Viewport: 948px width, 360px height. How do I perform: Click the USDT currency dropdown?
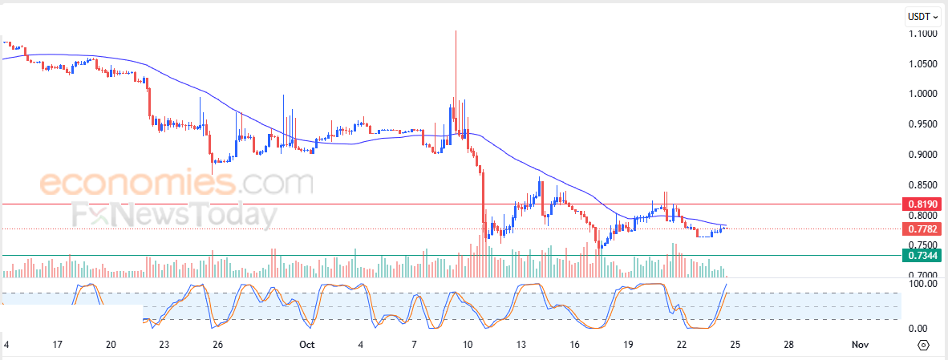pos(923,16)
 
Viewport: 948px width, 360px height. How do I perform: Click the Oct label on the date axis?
pos(306,345)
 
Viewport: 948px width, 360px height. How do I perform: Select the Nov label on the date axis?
pos(860,345)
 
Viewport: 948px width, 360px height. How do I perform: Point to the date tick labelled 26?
pos(217,345)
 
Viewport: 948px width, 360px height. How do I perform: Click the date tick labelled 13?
pos(521,345)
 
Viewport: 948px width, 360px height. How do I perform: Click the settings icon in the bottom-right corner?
pos(923,346)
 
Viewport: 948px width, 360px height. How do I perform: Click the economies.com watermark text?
pos(176,183)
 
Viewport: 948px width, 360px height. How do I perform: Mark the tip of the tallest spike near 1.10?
pos(456,30)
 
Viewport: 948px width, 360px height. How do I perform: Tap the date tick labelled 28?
pos(788,345)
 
